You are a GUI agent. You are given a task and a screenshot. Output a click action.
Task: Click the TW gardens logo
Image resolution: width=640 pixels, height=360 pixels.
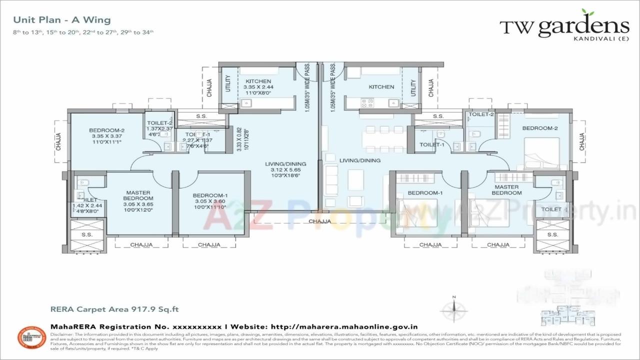pyautogui.click(x=564, y=27)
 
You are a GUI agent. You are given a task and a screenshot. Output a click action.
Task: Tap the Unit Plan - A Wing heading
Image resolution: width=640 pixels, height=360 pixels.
pyautogui.click(x=62, y=20)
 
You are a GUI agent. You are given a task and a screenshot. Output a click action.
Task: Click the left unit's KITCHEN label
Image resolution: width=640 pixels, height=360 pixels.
pyautogui.click(x=258, y=81)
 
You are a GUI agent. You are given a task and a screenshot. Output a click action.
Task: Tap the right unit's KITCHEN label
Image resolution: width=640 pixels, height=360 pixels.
pyautogui.click(x=381, y=87)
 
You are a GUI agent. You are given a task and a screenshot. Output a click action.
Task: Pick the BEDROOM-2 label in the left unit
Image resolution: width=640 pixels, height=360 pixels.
pyautogui.click(x=106, y=130)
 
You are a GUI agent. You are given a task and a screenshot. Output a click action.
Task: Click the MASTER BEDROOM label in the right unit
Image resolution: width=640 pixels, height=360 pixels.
pyautogui.click(x=506, y=189)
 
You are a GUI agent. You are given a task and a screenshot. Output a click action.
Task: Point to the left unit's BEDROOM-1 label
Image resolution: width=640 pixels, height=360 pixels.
pyautogui.click(x=210, y=195)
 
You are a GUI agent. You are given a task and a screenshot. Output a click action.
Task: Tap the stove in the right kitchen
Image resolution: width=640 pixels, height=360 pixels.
pyautogui.click(x=367, y=103)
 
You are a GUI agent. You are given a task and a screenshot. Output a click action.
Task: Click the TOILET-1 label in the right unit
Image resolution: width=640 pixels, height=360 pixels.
pyautogui.click(x=432, y=144)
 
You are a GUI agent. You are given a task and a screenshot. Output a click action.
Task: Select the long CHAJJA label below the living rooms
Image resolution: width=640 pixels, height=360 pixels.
pyautogui.click(x=319, y=221)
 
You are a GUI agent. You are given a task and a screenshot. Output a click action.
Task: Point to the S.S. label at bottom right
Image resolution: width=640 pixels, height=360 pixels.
pyautogui.click(x=552, y=234)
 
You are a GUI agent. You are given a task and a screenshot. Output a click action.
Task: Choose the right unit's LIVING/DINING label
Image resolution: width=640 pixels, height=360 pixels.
pyautogui.click(x=359, y=160)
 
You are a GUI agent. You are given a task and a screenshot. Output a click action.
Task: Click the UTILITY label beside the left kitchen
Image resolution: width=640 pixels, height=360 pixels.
pyautogui.click(x=228, y=83)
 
